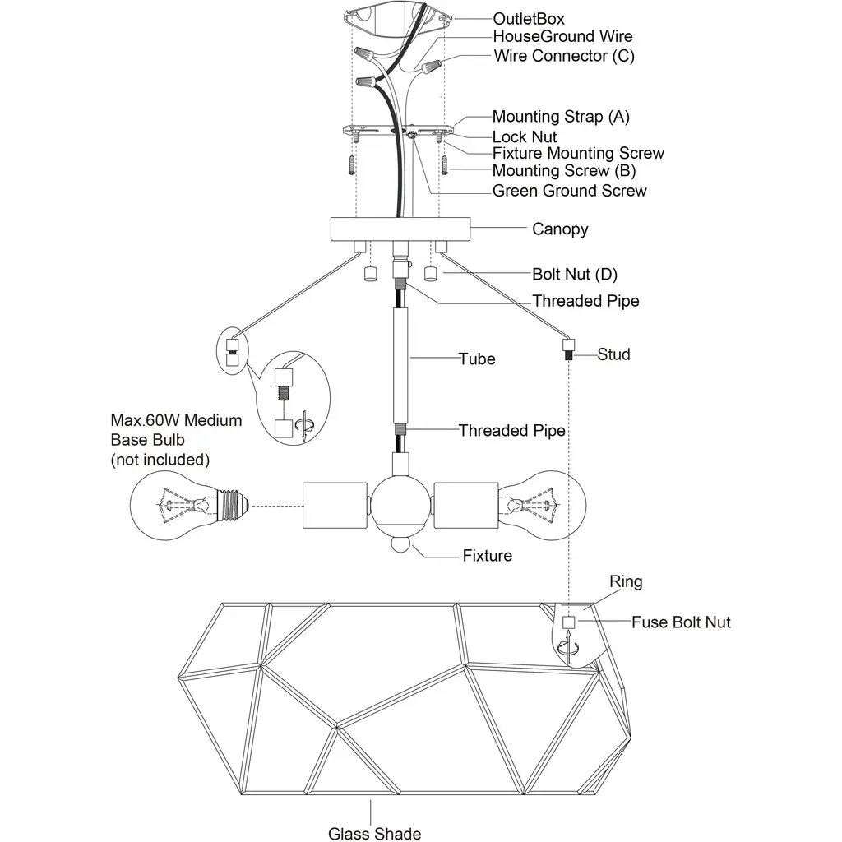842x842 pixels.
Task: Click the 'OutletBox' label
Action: [x=529, y=18]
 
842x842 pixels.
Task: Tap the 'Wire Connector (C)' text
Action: [x=564, y=56]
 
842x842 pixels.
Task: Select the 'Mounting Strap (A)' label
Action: [x=561, y=117]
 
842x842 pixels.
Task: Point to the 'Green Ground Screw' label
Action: [x=569, y=191]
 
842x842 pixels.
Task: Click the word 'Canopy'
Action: [x=560, y=229]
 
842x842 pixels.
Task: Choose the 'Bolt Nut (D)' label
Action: [x=574, y=273]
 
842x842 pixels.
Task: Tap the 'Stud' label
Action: [x=613, y=354]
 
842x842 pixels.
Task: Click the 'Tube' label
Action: [x=477, y=359]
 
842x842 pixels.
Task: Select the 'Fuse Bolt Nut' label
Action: [x=681, y=622]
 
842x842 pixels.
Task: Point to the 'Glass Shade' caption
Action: [x=375, y=833]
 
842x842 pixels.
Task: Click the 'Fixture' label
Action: [x=487, y=556]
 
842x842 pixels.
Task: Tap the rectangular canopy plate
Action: [x=399, y=228]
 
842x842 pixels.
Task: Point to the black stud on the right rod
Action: [x=567, y=356]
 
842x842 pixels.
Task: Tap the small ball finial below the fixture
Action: [x=399, y=545]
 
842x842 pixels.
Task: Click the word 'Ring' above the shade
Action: [x=626, y=582]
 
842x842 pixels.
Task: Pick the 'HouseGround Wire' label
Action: [x=562, y=37]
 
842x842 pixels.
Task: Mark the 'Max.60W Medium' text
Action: [x=177, y=421]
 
